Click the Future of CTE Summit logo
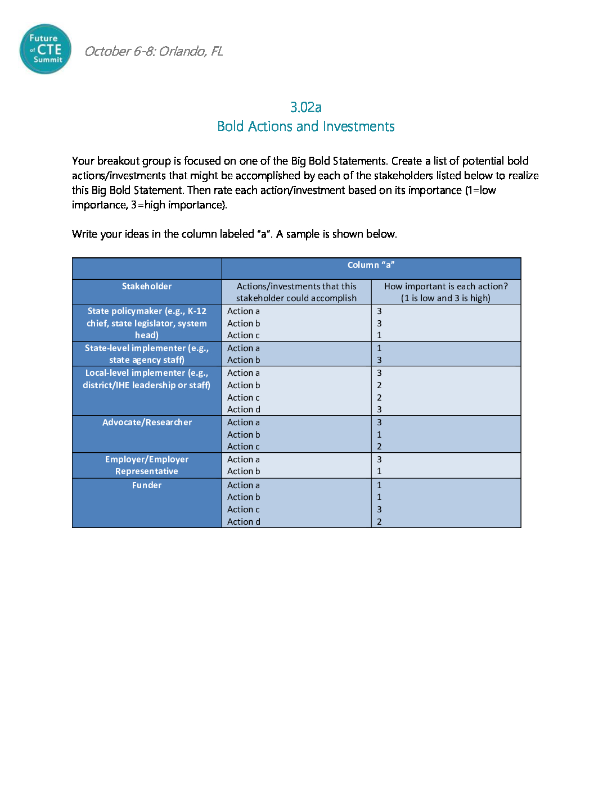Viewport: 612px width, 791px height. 46,49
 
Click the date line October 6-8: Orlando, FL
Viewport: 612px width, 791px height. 154,52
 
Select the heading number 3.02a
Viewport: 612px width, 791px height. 305,107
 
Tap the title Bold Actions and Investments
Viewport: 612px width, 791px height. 305,126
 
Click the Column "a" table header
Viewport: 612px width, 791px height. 371,265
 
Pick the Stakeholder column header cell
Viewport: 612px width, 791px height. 147,287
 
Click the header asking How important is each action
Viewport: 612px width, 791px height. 445,292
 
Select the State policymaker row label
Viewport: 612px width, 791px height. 147,323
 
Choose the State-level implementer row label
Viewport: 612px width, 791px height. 147,354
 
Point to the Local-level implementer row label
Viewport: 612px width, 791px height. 147,379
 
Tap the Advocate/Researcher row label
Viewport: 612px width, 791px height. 147,422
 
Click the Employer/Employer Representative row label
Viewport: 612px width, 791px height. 147,465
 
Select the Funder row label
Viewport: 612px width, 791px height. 147,485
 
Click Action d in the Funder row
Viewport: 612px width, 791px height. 244,522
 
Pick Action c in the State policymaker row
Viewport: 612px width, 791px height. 243,335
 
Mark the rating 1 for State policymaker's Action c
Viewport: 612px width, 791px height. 379,335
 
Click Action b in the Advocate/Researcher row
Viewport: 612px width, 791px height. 244,435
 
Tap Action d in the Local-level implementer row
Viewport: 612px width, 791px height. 244,410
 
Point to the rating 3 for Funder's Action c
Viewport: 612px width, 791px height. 379,510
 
